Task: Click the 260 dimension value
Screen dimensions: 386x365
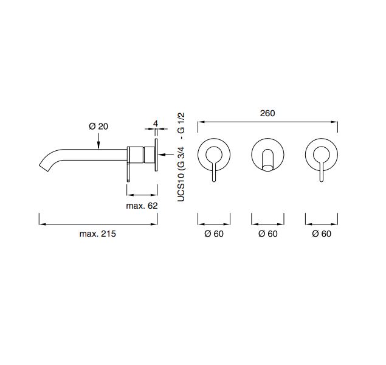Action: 267,113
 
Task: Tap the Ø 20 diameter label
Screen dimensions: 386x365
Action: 98,127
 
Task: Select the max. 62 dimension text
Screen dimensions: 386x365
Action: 142,206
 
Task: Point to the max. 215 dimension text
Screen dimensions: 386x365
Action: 97,234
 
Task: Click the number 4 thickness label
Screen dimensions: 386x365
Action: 156,123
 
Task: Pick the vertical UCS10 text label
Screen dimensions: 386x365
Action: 181,187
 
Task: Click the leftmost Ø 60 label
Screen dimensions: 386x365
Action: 214,234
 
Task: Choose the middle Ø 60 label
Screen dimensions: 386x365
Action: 268,234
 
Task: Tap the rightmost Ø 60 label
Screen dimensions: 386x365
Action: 322,234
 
